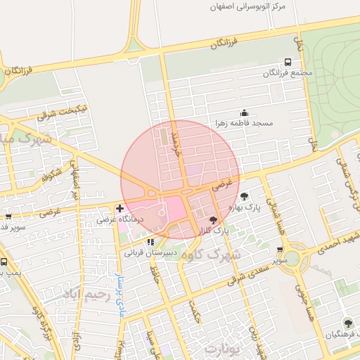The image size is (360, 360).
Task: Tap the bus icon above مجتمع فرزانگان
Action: point(287,63)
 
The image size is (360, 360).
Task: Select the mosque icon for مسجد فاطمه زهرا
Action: point(244,112)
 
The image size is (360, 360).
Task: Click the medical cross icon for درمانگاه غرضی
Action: point(120,208)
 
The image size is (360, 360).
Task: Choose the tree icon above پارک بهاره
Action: point(244,196)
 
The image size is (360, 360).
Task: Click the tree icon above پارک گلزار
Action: point(214,221)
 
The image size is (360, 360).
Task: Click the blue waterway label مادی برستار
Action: point(120,296)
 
